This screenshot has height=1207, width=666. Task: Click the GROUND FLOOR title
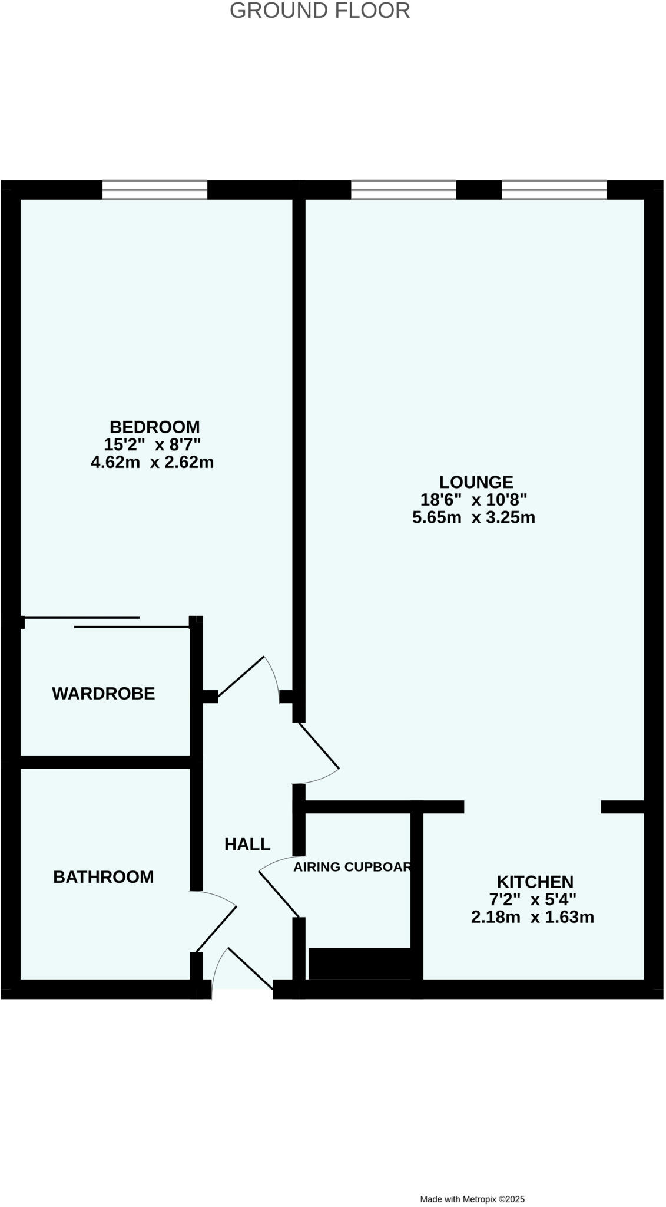320,11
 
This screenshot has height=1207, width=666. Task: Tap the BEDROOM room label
154,426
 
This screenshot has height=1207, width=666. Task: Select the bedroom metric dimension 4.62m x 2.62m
152,462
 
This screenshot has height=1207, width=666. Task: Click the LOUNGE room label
476,482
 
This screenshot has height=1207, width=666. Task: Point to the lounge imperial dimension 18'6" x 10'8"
473,500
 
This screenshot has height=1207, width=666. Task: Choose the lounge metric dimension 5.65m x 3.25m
473,517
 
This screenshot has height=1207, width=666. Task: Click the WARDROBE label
104,694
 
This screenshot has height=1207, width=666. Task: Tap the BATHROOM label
104,877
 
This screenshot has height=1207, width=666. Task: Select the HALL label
247,845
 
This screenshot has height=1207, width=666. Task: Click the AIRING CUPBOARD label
352,867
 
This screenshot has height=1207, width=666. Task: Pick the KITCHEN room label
535,882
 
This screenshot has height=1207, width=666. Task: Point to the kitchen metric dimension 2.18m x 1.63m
532,917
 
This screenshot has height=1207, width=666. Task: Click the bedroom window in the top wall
155,190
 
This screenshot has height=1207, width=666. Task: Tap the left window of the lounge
403,190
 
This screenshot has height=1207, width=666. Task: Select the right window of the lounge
554,190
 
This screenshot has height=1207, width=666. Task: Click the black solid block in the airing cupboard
360,963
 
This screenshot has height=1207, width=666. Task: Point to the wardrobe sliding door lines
106,622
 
